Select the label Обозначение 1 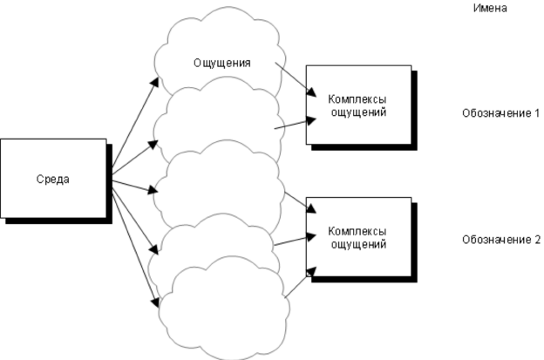point(501,114)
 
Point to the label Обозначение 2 point(501,238)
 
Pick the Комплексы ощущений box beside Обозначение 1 point(357,105)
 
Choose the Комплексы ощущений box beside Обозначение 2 point(357,237)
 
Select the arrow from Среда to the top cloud point(135,122)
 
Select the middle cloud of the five point(218,187)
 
